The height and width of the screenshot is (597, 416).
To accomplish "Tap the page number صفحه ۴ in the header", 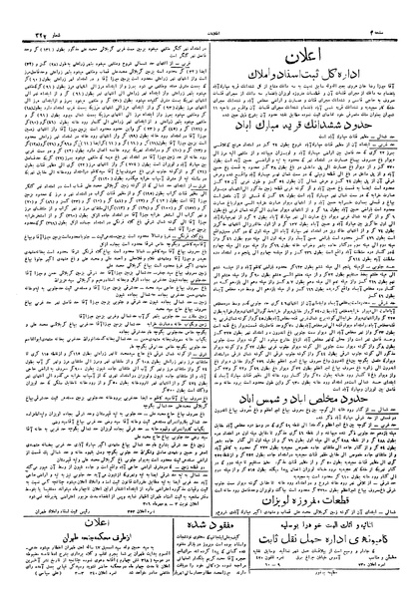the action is pos(391,7).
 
